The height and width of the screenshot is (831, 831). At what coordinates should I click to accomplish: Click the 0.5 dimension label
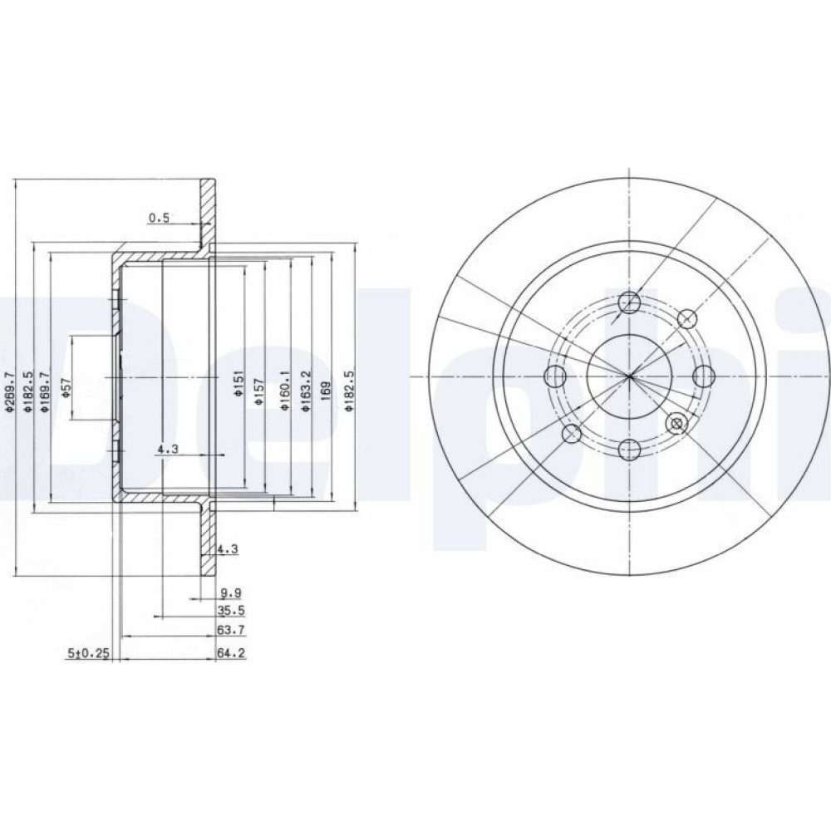[x=159, y=217]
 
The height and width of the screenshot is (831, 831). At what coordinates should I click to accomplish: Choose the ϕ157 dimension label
[x=258, y=392]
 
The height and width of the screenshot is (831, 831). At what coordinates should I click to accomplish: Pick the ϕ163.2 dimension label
[x=306, y=391]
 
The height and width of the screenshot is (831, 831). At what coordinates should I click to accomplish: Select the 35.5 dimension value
[x=231, y=611]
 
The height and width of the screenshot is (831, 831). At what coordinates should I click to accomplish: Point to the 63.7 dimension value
[x=231, y=630]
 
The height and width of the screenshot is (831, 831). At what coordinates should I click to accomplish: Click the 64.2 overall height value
[x=231, y=653]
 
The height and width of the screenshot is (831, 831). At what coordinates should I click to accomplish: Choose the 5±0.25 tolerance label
[x=88, y=653]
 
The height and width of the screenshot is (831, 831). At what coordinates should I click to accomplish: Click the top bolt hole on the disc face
[x=630, y=302]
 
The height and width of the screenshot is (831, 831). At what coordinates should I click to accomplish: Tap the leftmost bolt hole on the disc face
[x=555, y=376]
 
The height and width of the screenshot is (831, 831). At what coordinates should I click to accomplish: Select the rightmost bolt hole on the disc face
[x=704, y=376]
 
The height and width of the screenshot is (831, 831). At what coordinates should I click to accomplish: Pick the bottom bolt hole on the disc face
[x=630, y=450]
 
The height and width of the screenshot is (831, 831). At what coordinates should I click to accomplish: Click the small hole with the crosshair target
[x=676, y=423]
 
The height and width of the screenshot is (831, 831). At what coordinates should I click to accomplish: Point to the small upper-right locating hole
[x=687, y=318]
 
